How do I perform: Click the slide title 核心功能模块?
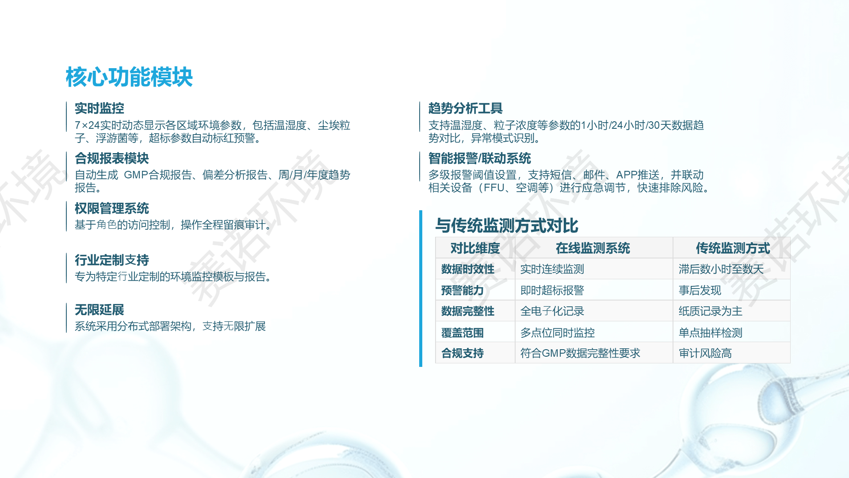[129, 77]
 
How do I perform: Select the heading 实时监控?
[99, 108]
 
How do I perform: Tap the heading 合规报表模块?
[112, 158]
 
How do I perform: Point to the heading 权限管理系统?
[112, 208]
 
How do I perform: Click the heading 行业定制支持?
[112, 260]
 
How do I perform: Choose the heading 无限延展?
[99, 310]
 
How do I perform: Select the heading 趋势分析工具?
[466, 108]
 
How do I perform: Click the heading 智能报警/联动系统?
[480, 158]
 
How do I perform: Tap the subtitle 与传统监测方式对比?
[507, 226]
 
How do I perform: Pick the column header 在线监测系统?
[593, 248]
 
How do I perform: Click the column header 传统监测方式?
[733, 248]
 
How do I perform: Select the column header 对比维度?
[475, 248]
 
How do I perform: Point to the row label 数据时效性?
[468, 269]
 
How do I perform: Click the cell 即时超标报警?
[552, 290]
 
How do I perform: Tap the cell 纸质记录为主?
[711, 311]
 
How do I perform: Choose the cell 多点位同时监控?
[558, 333]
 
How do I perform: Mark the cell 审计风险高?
[705, 353]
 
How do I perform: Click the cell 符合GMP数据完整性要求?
[580, 353]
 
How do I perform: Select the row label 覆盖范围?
[463, 333]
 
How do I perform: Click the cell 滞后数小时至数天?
[721, 269]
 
